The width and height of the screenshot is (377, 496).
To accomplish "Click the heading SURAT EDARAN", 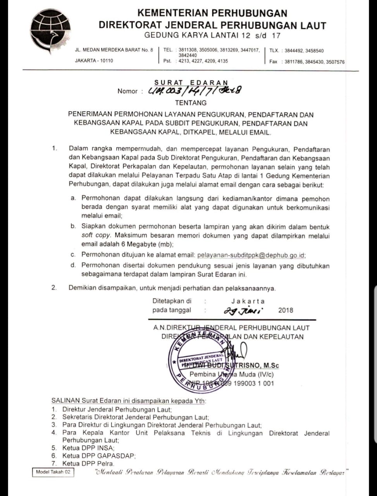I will (x=191, y=83).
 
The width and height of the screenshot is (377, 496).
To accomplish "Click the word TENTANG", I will (x=191, y=103).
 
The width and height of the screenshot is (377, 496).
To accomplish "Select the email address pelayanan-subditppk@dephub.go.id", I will (x=251, y=255).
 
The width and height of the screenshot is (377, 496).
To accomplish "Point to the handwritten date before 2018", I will (x=243, y=310).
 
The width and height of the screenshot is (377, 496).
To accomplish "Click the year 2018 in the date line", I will (x=286, y=310).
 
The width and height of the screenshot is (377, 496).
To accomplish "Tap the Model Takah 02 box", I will (x=53, y=472).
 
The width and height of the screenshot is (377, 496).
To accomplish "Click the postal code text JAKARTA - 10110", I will (x=94, y=61).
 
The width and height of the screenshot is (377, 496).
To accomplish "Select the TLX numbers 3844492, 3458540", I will (x=304, y=51).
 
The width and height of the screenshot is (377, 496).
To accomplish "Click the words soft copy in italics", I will (x=96, y=235).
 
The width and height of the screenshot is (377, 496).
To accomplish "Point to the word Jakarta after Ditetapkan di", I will (x=248, y=301).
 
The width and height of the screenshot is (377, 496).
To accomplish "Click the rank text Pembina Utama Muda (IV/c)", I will (x=231, y=374).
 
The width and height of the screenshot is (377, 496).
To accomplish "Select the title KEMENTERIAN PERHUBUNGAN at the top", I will (x=212, y=13).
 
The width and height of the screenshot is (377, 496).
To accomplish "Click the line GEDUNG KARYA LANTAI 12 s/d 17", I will (x=212, y=36).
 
